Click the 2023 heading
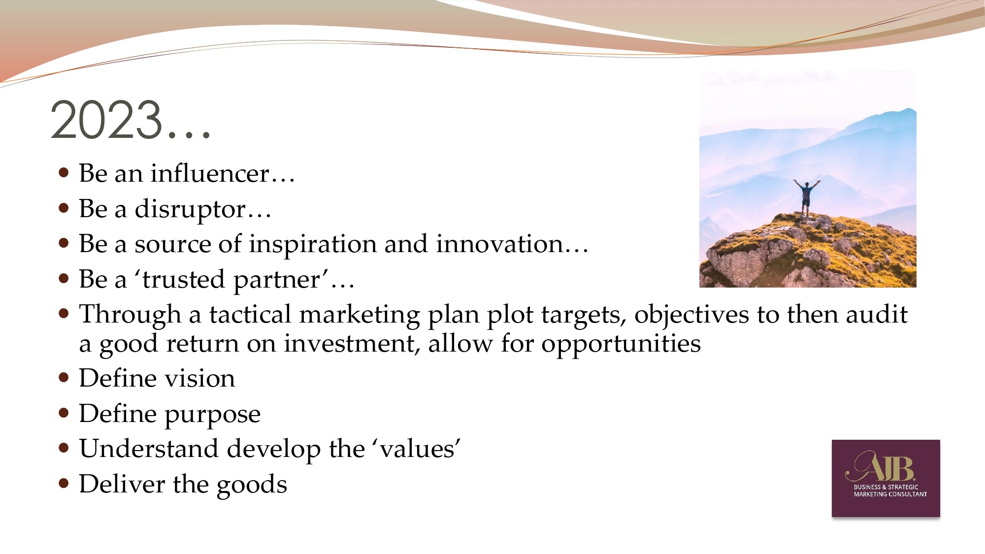[131, 121]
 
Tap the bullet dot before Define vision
[64, 378]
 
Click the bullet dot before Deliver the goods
[64, 484]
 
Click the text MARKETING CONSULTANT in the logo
[890, 494]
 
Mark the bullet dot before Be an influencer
[64, 173]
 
